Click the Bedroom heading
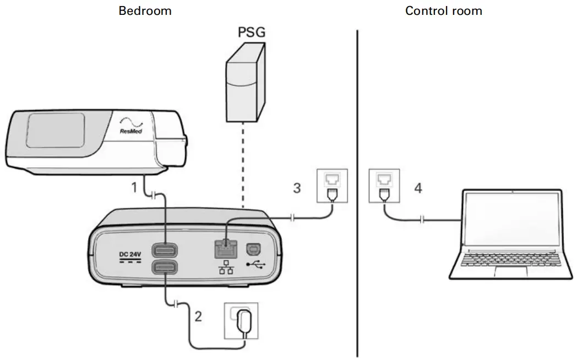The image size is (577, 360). point(145,10)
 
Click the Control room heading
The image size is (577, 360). point(443,10)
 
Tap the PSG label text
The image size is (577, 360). point(251,32)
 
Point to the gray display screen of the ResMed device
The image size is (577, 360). point(55,129)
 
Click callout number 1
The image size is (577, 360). point(133,187)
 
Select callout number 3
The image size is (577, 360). point(297,188)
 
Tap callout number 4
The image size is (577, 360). point(418,188)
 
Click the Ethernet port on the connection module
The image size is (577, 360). point(225,248)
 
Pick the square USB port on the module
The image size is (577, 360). point(254,249)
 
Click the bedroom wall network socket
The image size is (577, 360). point(332,186)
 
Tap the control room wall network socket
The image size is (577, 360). point(383,186)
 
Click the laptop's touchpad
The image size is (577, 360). point(511,271)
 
